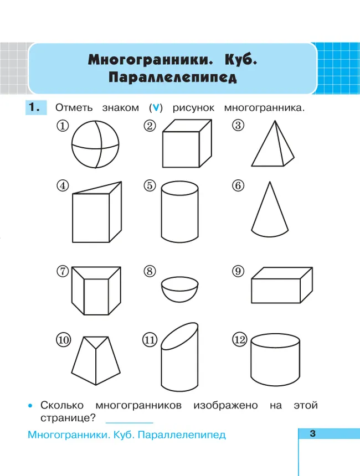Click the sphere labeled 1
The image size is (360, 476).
95,146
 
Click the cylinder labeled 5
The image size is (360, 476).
180,214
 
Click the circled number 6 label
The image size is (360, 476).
238,186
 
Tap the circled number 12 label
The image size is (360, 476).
239,340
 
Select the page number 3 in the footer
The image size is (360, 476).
312,434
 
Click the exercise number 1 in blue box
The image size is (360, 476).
35,107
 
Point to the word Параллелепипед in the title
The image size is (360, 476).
172,77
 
